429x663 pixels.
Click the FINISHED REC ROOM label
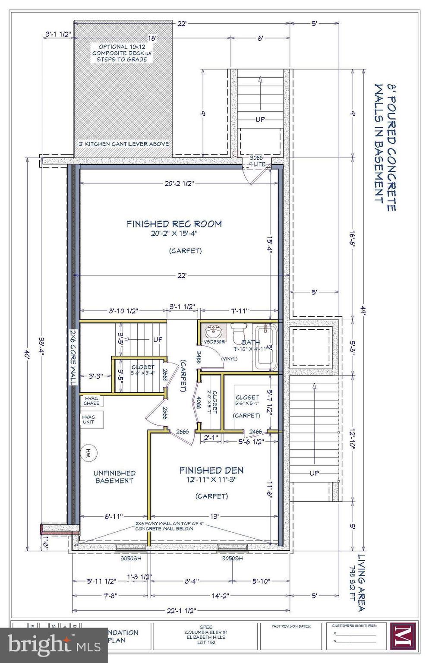(x=174, y=224)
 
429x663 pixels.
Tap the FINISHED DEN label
(x=211, y=470)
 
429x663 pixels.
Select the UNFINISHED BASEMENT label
(x=114, y=477)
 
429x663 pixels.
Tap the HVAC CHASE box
(x=91, y=400)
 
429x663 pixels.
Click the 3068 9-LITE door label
(x=256, y=161)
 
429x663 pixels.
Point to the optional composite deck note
(x=123, y=53)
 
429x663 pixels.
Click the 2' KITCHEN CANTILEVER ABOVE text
(x=123, y=144)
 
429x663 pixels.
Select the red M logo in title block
(x=402, y=636)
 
